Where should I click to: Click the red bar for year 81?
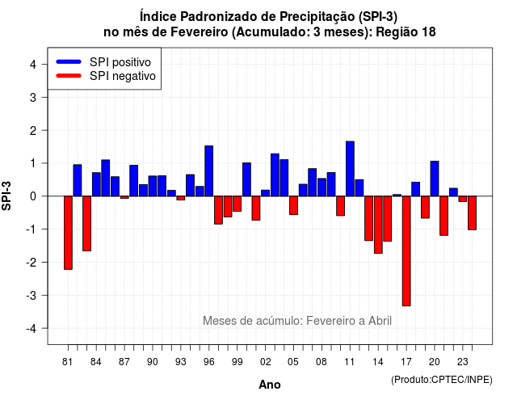click(x=68, y=233)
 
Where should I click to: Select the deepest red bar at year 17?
click(x=406, y=251)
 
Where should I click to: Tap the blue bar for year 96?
click(x=208, y=170)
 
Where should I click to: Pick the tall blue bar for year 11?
click(x=350, y=169)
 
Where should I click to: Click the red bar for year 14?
click(x=378, y=225)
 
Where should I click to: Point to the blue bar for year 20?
click(x=435, y=179)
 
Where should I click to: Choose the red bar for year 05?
click(x=293, y=205)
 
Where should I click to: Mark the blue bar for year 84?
click(x=96, y=184)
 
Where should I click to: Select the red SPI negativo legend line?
click(x=69, y=75)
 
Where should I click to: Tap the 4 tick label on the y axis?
click(x=33, y=65)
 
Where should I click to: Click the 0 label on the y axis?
click(x=33, y=196)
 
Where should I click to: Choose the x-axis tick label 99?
click(x=237, y=362)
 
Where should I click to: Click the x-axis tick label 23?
click(x=463, y=362)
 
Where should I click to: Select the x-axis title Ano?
click(x=270, y=385)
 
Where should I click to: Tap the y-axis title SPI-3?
click(x=6, y=196)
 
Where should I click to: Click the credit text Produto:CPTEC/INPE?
click(x=442, y=380)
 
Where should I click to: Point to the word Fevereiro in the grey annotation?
click(x=330, y=321)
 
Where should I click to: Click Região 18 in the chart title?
click(x=406, y=32)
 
